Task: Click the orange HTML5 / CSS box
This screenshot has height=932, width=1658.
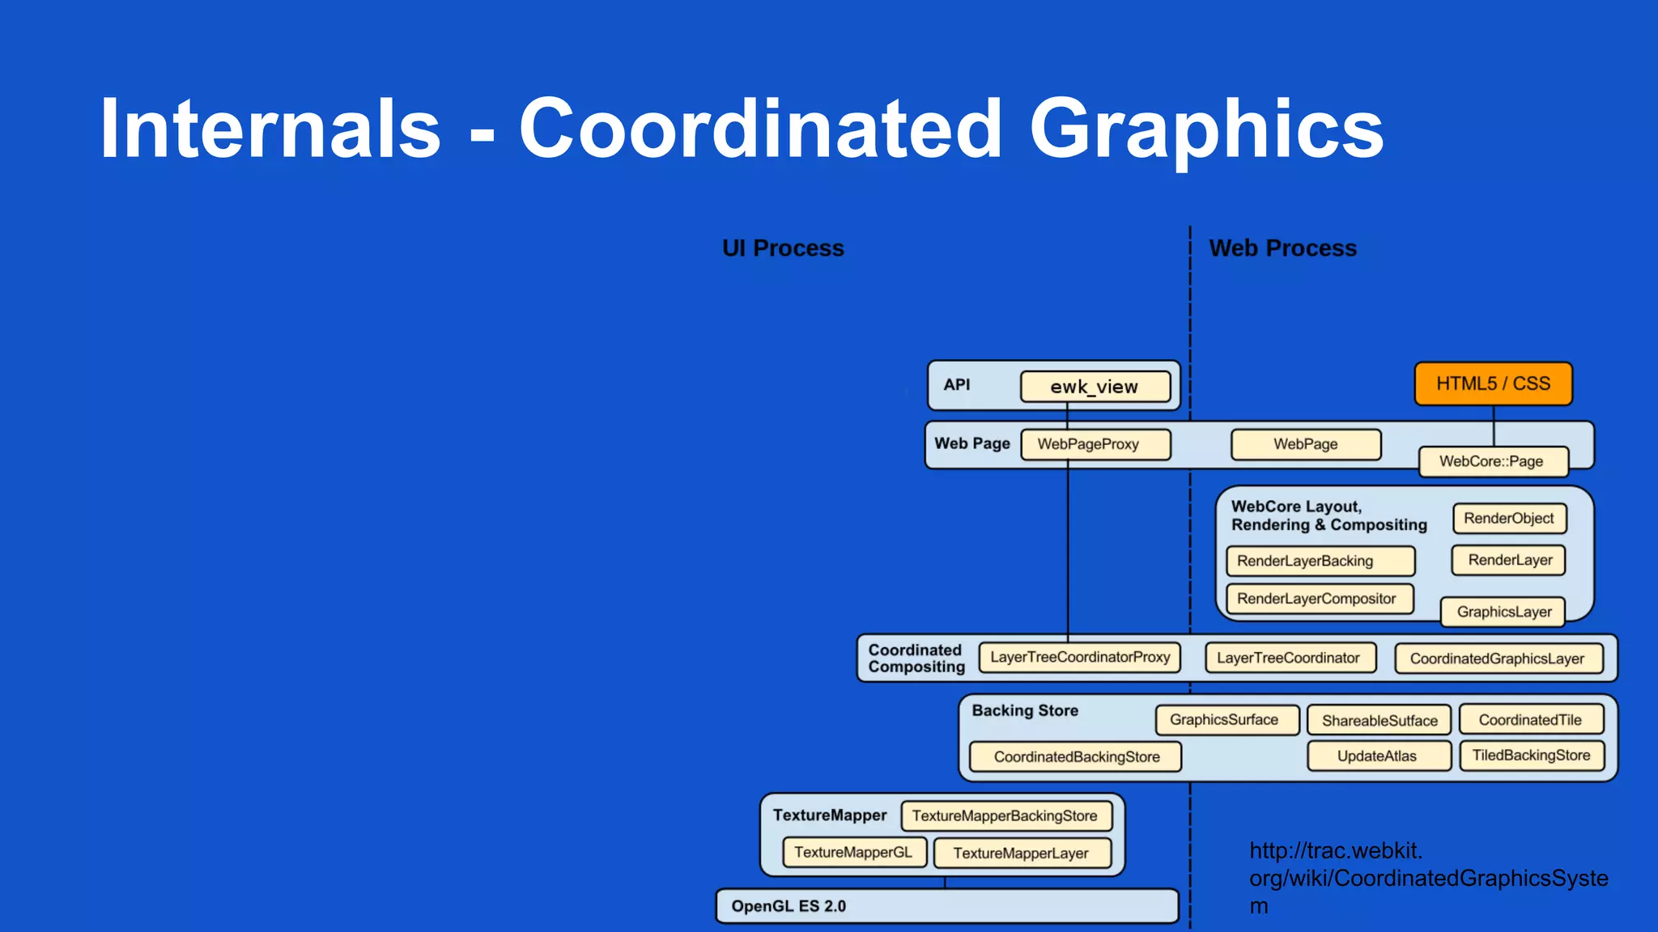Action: click(1493, 383)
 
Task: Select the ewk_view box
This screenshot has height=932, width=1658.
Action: click(1095, 387)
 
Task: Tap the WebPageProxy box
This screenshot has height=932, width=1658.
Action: click(1087, 444)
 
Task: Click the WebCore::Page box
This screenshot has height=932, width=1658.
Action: click(1491, 461)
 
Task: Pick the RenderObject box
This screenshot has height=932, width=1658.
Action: click(1508, 519)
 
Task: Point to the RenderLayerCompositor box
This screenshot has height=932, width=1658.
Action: click(1316, 599)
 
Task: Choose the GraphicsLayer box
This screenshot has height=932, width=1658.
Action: click(1503, 612)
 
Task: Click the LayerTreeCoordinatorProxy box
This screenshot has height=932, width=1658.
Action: click(1079, 657)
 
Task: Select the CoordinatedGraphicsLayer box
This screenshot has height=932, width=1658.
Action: click(1497, 659)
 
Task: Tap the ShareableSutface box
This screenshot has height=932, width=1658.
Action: click(1380, 720)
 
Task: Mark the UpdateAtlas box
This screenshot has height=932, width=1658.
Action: click(1376, 756)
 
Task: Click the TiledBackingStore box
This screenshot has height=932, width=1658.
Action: click(1530, 756)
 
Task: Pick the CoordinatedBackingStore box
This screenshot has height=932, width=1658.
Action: click(1076, 757)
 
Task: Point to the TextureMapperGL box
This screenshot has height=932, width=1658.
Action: click(852, 852)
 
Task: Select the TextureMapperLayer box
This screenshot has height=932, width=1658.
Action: click(1020, 853)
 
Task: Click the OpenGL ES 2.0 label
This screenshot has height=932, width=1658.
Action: click(789, 906)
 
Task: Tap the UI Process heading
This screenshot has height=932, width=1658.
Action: click(783, 248)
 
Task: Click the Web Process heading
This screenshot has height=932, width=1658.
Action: click(1282, 248)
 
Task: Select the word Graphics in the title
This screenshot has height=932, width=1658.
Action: click(1206, 129)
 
